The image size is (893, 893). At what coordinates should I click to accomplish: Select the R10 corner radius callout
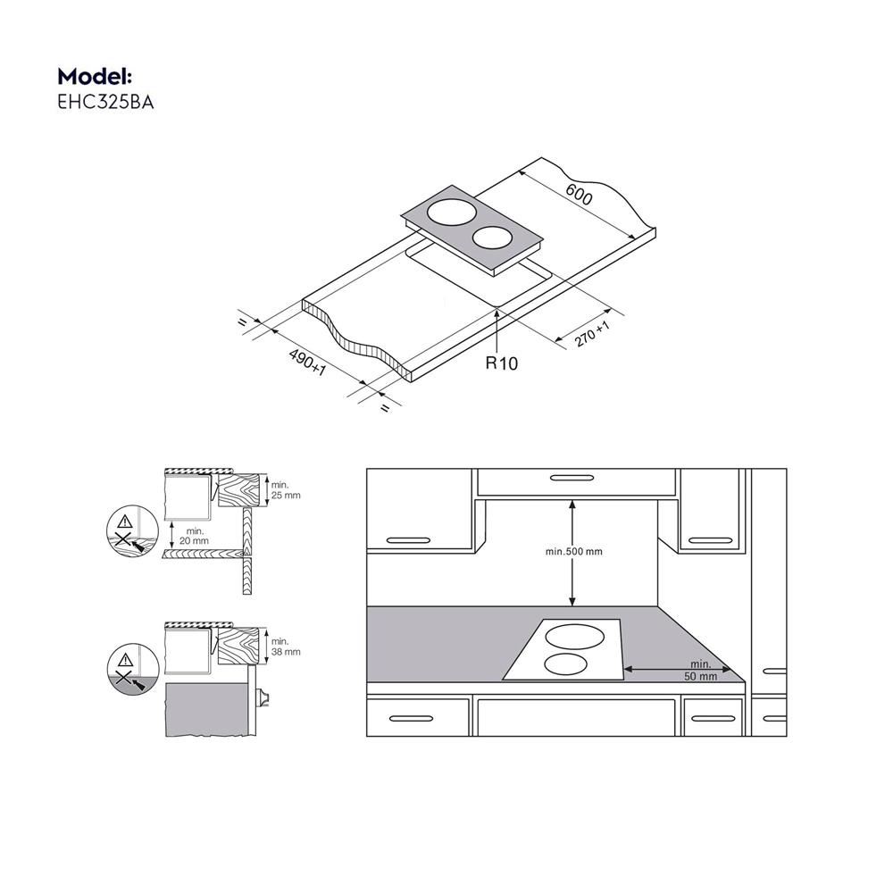click(501, 363)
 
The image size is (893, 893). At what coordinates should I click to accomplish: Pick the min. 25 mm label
click(286, 488)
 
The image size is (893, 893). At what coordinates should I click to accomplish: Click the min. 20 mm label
click(194, 537)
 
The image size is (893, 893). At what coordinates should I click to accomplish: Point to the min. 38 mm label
click(286, 647)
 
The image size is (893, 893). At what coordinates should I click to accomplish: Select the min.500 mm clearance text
click(574, 551)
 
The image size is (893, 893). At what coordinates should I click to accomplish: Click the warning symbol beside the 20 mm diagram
click(123, 523)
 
